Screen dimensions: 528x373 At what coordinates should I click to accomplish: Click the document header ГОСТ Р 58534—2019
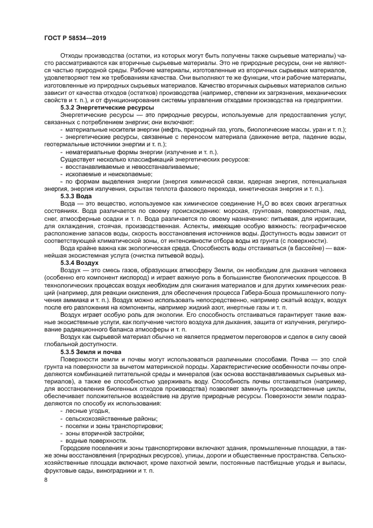[74, 38]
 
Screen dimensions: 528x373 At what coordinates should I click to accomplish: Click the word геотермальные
[68, 145]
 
